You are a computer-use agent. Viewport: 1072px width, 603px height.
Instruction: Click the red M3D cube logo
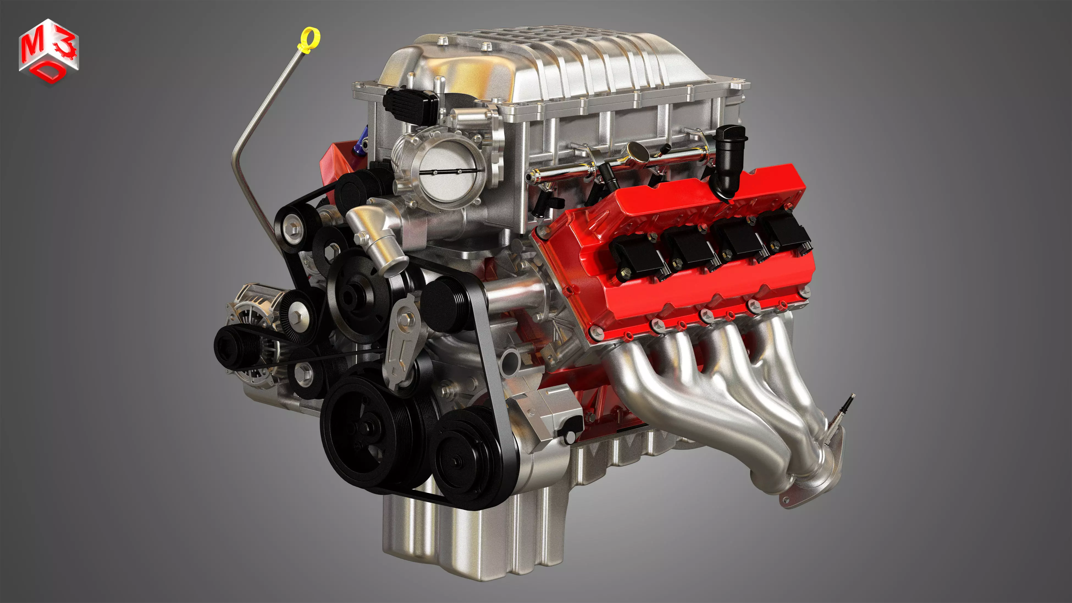49,52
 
